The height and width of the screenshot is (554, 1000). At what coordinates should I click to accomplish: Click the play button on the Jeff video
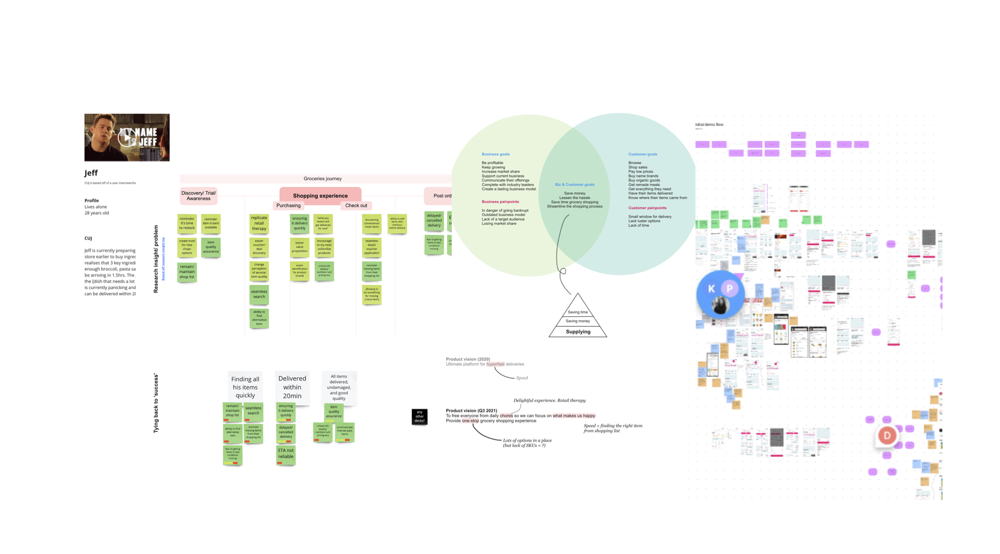pyautogui.click(x=126, y=137)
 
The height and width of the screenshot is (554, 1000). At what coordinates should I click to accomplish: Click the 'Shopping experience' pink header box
pyautogui.click(x=320, y=196)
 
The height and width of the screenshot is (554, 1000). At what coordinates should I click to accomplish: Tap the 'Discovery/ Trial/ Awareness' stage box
pyautogui.click(x=198, y=196)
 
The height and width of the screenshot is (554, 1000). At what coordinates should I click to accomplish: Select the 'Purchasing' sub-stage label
pyautogui.click(x=288, y=206)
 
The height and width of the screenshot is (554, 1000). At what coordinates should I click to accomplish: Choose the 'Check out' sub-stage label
pyautogui.click(x=356, y=206)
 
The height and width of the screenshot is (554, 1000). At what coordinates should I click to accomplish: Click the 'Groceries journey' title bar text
pyautogui.click(x=322, y=179)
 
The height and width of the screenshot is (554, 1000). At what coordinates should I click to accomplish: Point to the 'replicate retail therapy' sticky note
pyautogui.click(x=259, y=223)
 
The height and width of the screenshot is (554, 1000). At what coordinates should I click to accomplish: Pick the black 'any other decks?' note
pyautogui.click(x=420, y=416)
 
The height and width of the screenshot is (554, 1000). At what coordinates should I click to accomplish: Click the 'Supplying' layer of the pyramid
pyautogui.click(x=578, y=332)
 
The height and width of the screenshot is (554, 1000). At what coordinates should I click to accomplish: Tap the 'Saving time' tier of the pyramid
pyautogui.click(x=578, y=312)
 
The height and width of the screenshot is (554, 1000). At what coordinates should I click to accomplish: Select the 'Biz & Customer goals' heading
pyautogui.click(x=575, y=185)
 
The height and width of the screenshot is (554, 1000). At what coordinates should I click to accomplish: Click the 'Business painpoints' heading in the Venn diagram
pyautogui.click(x=500, y=202)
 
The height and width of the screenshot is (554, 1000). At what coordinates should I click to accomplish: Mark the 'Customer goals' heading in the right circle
pyautogui.click(x=643, y=154)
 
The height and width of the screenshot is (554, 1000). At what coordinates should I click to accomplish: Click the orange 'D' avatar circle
pyautogui.click(x=887, y=435)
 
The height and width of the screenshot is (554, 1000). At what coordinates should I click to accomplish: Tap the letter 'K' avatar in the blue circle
pyautogui.click(x=712, y=289)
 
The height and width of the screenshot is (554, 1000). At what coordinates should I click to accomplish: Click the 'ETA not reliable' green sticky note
pyautogui.click(x=286, y=454)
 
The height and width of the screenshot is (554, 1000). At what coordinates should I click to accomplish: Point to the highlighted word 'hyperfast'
pyautogui.click(x=495, y=364)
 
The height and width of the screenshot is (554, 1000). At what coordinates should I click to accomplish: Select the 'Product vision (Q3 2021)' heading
pyautogui.click(x=471, y=410)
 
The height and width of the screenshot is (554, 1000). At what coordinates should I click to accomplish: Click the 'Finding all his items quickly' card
pyautogui.click(x=245, y=387)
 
